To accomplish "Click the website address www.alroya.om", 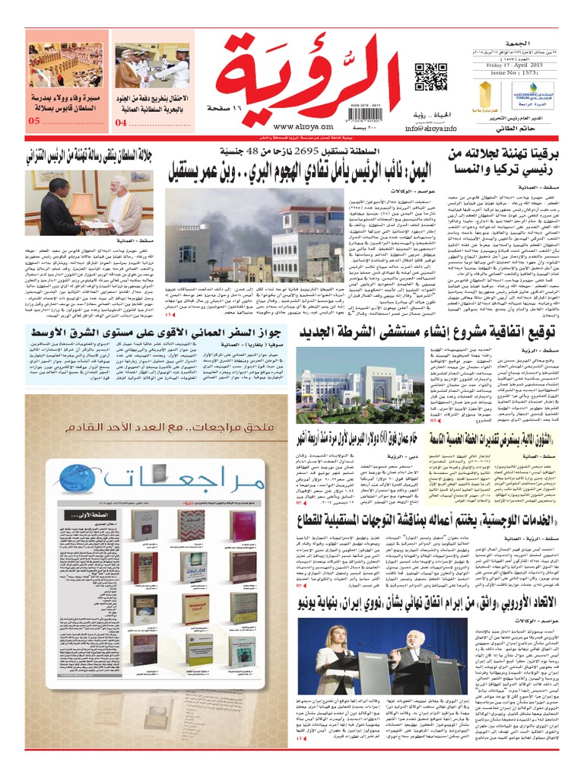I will point(292,127).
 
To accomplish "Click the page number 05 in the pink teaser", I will point(34,122).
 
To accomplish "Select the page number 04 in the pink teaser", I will point(122,122).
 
